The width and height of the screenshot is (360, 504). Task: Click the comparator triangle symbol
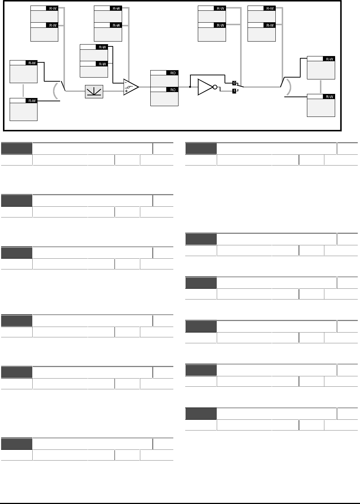(131, 87)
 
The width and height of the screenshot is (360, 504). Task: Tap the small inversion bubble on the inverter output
(214, 87)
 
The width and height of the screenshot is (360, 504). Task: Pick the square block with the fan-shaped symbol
(94, 91)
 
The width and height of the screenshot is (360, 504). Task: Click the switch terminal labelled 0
(234, 82)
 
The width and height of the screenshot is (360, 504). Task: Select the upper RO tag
(173, 73)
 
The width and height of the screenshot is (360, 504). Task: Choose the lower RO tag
(173, 89)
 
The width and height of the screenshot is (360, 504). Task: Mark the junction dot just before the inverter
(190, 87)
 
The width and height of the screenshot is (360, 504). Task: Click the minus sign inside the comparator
(126, 83)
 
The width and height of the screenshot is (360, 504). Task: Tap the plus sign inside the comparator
(126, 91)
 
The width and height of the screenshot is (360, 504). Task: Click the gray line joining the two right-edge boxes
(321, 87)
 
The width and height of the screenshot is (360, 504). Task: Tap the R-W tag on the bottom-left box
(32, 101)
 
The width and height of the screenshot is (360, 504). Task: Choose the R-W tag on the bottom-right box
(329, 96)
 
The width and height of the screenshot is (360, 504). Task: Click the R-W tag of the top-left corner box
(52, 8)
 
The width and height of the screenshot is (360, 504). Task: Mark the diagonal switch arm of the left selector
(63, 86)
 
